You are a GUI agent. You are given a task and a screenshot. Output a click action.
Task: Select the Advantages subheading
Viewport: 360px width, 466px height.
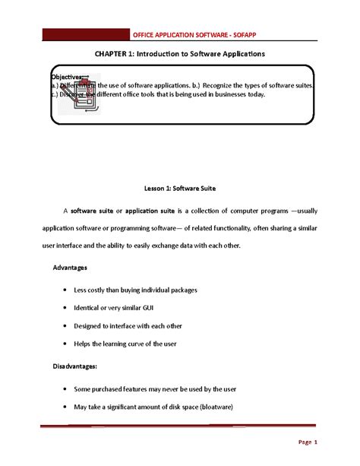coord(70,268)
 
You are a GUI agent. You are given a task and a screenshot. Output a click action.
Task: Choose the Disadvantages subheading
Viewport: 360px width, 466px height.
coord(74,366)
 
